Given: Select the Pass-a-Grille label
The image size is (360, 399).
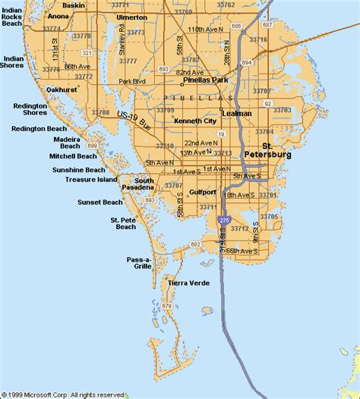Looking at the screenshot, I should (139, 262).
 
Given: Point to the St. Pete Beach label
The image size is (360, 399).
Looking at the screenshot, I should (122, 224).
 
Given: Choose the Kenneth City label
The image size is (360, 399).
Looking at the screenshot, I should (195, 121).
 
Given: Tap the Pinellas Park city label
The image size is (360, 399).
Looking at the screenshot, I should (202, 80).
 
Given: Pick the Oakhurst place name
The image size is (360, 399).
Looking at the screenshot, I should (62, 90).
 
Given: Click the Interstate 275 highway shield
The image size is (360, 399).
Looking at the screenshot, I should (223, 220).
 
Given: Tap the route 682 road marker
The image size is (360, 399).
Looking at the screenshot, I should (196, 244).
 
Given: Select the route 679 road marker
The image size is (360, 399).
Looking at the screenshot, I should (167, 306).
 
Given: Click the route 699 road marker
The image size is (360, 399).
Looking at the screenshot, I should (92, 145).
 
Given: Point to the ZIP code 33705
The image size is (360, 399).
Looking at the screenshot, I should (269, 217).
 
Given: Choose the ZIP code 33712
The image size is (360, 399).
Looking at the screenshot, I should (239, 228).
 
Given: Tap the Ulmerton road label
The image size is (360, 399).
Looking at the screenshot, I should (132, 17).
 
